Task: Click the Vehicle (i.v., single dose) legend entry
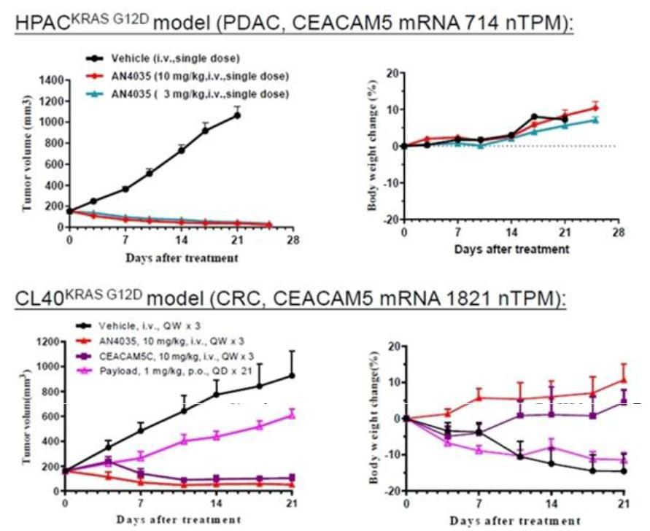(163, 58)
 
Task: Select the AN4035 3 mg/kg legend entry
(187, 94)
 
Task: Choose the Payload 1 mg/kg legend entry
(166, 371)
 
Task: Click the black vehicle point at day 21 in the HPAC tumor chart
(237, 115)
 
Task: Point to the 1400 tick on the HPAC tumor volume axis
(51, 80)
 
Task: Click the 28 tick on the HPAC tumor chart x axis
(293, 240)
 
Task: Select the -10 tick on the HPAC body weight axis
(392, 182)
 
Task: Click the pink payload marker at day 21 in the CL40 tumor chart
(293, 415)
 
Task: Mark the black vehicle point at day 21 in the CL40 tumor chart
(293, 376)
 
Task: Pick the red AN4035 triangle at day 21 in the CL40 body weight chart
(624, 380)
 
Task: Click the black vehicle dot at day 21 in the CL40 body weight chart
(624, 471)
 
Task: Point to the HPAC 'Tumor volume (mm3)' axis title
(28, 152)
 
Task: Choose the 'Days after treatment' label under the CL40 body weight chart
(515, 521)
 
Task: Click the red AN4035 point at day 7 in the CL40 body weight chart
(479, 398)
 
